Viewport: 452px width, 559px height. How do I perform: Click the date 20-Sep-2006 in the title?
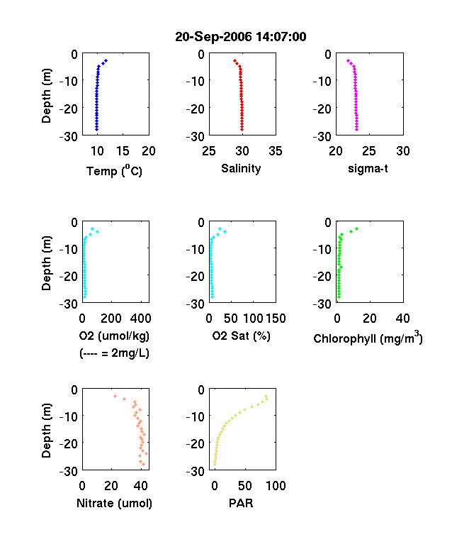coord(213,37)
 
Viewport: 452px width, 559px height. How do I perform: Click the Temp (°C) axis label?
coord(114,171)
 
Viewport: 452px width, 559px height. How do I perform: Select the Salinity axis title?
coord(241,169)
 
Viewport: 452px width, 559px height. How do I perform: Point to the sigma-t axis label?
coord(368,168)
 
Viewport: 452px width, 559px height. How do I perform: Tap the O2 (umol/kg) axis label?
coord(114,336)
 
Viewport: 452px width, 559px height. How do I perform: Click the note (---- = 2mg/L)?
coord(114,353)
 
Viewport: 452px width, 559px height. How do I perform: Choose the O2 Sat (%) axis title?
coord(241,336)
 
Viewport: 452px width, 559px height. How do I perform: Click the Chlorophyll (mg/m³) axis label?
coord(368,338)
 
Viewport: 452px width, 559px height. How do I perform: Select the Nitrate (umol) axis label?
coord(114,503)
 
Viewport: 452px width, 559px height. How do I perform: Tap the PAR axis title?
coord(241,503)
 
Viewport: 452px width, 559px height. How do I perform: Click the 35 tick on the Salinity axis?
coord(276,151)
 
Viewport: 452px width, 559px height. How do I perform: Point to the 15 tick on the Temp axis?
coord(123,151)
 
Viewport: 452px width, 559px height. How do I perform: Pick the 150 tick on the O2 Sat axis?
coord(276,318)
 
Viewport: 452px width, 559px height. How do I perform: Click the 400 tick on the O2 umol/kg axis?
coord(140,318)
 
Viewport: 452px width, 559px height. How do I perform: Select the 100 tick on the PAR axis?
coord(276,485)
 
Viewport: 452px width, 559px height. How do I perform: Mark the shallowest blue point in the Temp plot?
coord(106,61)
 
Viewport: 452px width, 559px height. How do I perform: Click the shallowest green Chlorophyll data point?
coord(356,229)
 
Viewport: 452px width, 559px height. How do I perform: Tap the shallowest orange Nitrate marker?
coord(115,396)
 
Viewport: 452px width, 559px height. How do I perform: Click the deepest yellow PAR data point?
coord(215,464)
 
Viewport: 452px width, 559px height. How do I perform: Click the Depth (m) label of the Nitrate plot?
coord(46,431)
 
